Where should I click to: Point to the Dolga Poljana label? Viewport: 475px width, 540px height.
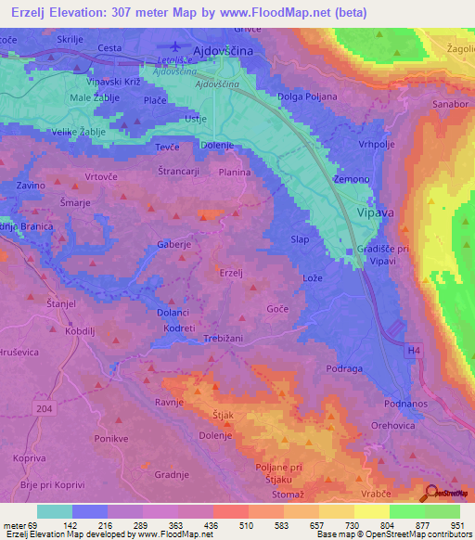pyautogui.click(x=308, y=96)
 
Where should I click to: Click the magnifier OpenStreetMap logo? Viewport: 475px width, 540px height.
pyautogui.click(x=431, y=493)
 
